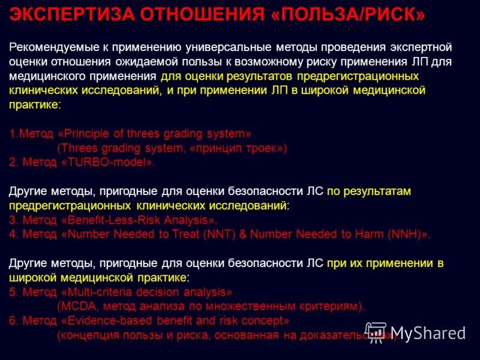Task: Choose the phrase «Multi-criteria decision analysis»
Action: (x=146, y=292)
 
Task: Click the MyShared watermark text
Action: (x=428, y=332)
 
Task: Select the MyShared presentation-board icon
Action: (x=376, y=332)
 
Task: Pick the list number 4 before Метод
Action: (x=13, y=235)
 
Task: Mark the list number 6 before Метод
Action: (x=13, y=321)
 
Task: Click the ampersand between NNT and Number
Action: (x=243, y=235)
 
